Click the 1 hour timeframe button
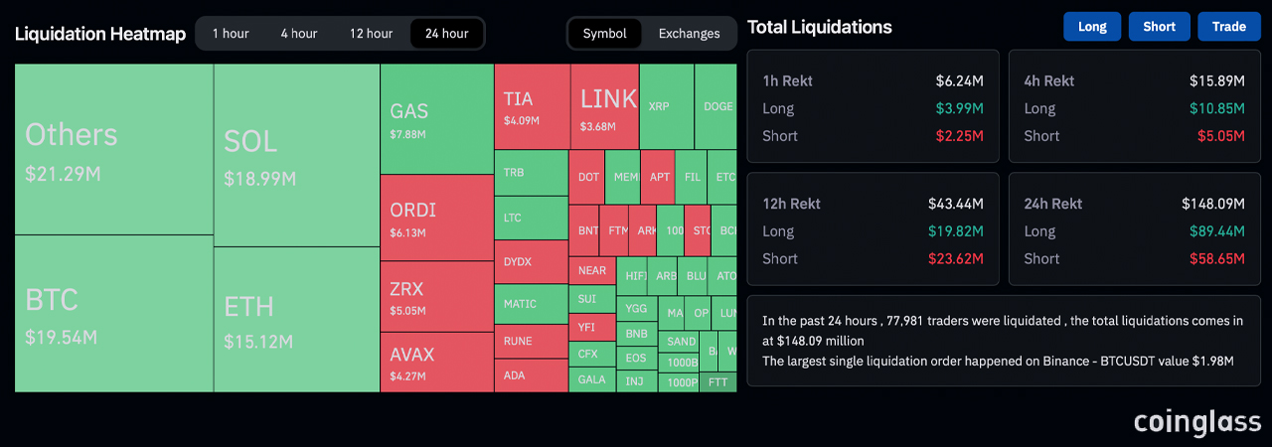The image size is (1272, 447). pyautogui.click(x=231, y=34)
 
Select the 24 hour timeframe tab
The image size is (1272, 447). pyautogui.click(x=446, y=34)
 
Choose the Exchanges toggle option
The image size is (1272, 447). pyautogui.click(x=689, y=34)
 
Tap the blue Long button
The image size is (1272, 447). pyautogui.click(x=1091, y=27)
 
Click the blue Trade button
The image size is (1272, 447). pyautogui.click(x=1228, y=27)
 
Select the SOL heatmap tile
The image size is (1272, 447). pyautogui.click(x=296, y=156)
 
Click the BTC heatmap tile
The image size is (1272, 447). pyautogui.click(x=113, y=314)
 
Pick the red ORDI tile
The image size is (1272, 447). pyautogui.click(x=436, y=218)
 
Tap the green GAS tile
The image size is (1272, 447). pyautogui.click(x=436, y=119)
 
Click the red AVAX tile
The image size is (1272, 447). pyautogui.click(x=436, y=362)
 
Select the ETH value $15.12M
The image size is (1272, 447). pyautogui.click(x=258, y=343)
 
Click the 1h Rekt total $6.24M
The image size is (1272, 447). pyautogui.click(x=959, y=80)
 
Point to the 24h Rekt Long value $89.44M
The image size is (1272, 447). pyautogui.click(x=1216, y=231)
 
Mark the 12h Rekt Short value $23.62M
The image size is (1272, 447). pyautogui.click(x=959, y=259)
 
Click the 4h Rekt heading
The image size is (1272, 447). pyautogui.click(x=1049, y=80)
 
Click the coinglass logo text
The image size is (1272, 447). pyautogui.click(x=1197, y=421)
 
